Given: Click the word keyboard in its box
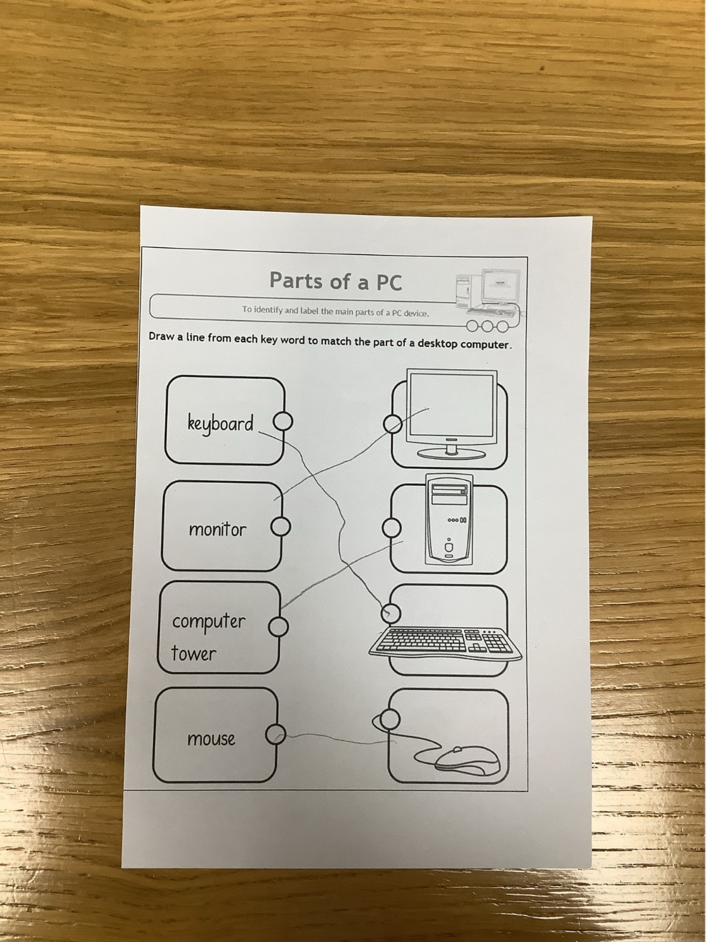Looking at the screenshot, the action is (220, 424).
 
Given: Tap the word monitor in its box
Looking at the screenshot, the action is (218, 529).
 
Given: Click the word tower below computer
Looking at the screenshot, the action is (194, 654).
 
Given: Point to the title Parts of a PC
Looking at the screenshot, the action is (336, 281).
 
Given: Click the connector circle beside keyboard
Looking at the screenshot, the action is (283, 422).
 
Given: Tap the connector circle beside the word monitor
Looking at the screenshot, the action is (281, 526).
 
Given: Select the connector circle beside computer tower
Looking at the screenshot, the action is (278, 627).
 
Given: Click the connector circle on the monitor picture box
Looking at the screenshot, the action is (392, 424).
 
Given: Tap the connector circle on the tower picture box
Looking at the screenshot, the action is (391, 528).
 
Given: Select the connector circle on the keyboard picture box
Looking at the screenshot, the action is (391, 613).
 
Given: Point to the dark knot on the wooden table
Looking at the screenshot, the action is (542, 68).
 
